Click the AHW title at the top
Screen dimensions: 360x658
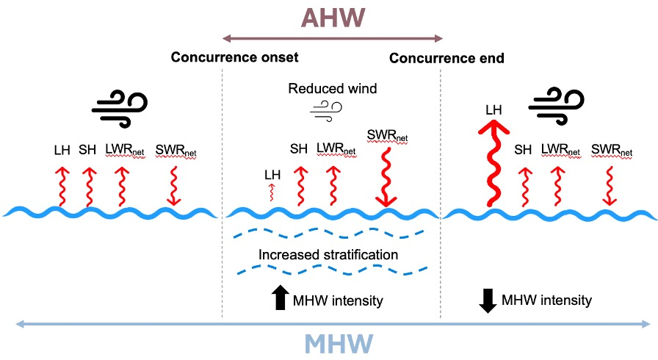click(333, 18)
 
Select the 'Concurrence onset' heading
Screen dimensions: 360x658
click(235, 57)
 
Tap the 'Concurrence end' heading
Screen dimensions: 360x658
click(446, 57)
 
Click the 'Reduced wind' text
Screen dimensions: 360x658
click(333, 89)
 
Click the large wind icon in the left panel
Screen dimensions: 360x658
click(119, 110)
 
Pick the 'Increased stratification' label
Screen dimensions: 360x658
click(328, 255)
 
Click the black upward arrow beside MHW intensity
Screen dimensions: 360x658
click(280, 297)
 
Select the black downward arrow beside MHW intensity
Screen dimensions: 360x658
click(487, 300)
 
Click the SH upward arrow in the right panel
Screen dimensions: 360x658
click(524, 187)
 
